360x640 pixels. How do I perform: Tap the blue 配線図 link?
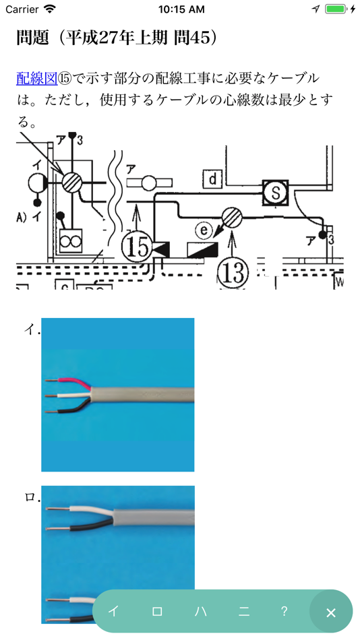[x=37, y=78]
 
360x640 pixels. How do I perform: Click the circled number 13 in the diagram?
[x=233, y=272]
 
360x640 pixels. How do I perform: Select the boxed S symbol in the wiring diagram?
[x=276, y=193]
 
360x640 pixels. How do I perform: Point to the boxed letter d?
[x=213, y=179]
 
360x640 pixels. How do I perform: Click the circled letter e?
[x=203, y=231]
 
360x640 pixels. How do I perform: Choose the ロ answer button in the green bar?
[x=157, y=612]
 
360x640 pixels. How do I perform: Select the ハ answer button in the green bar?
[x=200, y=612]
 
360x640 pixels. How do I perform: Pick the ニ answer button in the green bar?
[x=244, y=612]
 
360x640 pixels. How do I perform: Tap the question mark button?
[x=284, y=611]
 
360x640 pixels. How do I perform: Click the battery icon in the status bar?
[x=336, y=9]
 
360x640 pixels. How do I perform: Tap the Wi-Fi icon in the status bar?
[x=50, y=9]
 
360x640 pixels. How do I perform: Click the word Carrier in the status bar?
[x=22, y=9]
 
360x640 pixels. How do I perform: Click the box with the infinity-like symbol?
[x=71, y=241]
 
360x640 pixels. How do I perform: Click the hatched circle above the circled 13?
[x=232, y=217]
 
